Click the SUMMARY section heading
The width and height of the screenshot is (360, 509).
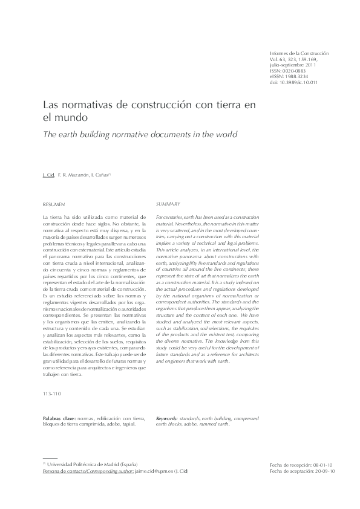[168, 204]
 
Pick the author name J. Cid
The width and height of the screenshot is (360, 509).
[48, 175]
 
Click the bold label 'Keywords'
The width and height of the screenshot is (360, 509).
[166, 419]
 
